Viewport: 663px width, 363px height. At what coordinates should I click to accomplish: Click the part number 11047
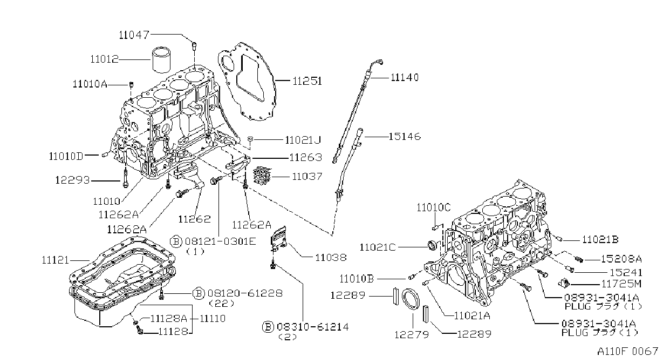pyautogui.click(x=134, y=35)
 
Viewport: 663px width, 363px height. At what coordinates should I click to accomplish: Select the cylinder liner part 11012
pyautogui.click(x=162, y=59)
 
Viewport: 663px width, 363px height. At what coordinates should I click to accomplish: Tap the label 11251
pyautogui.click(x=307, y=81)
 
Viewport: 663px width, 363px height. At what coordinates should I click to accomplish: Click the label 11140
pyautogui.click(x=405, y=78)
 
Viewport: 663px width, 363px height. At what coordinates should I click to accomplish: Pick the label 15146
pyautogui.click(x=405, y=137)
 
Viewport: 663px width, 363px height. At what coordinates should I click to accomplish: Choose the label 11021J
pyautogui.click(x=303, y=140)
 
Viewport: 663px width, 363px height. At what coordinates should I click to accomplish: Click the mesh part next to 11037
pyautogui.click(x=262, y=175)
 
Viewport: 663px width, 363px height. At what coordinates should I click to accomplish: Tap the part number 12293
pyautogui.click(x=72, y=180)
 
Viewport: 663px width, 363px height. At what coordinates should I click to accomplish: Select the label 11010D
pyautogui.click(x=66, y=156)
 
